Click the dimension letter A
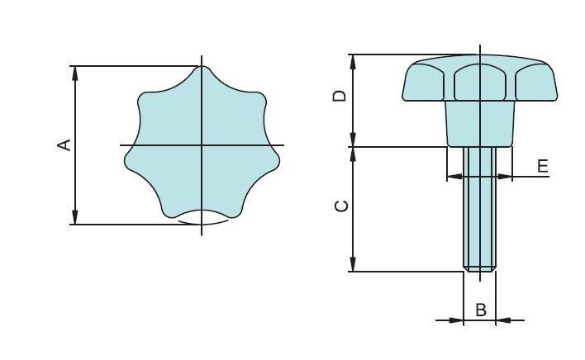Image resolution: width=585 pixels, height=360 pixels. (62, 145)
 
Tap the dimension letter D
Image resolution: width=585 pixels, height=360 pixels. (339, 97)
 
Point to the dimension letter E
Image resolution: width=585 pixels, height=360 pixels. (542, 166)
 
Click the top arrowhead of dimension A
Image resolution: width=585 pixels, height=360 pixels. (75, 72)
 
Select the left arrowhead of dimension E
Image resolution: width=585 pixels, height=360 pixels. (452, 176)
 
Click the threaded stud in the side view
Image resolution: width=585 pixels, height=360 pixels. (479, 206)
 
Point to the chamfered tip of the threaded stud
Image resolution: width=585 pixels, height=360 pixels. (479, 268)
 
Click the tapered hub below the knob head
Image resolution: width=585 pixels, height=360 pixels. (479, 124)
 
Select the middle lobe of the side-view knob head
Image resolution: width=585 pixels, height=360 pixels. (479, 83)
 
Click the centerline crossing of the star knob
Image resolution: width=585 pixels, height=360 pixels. (202, 145)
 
